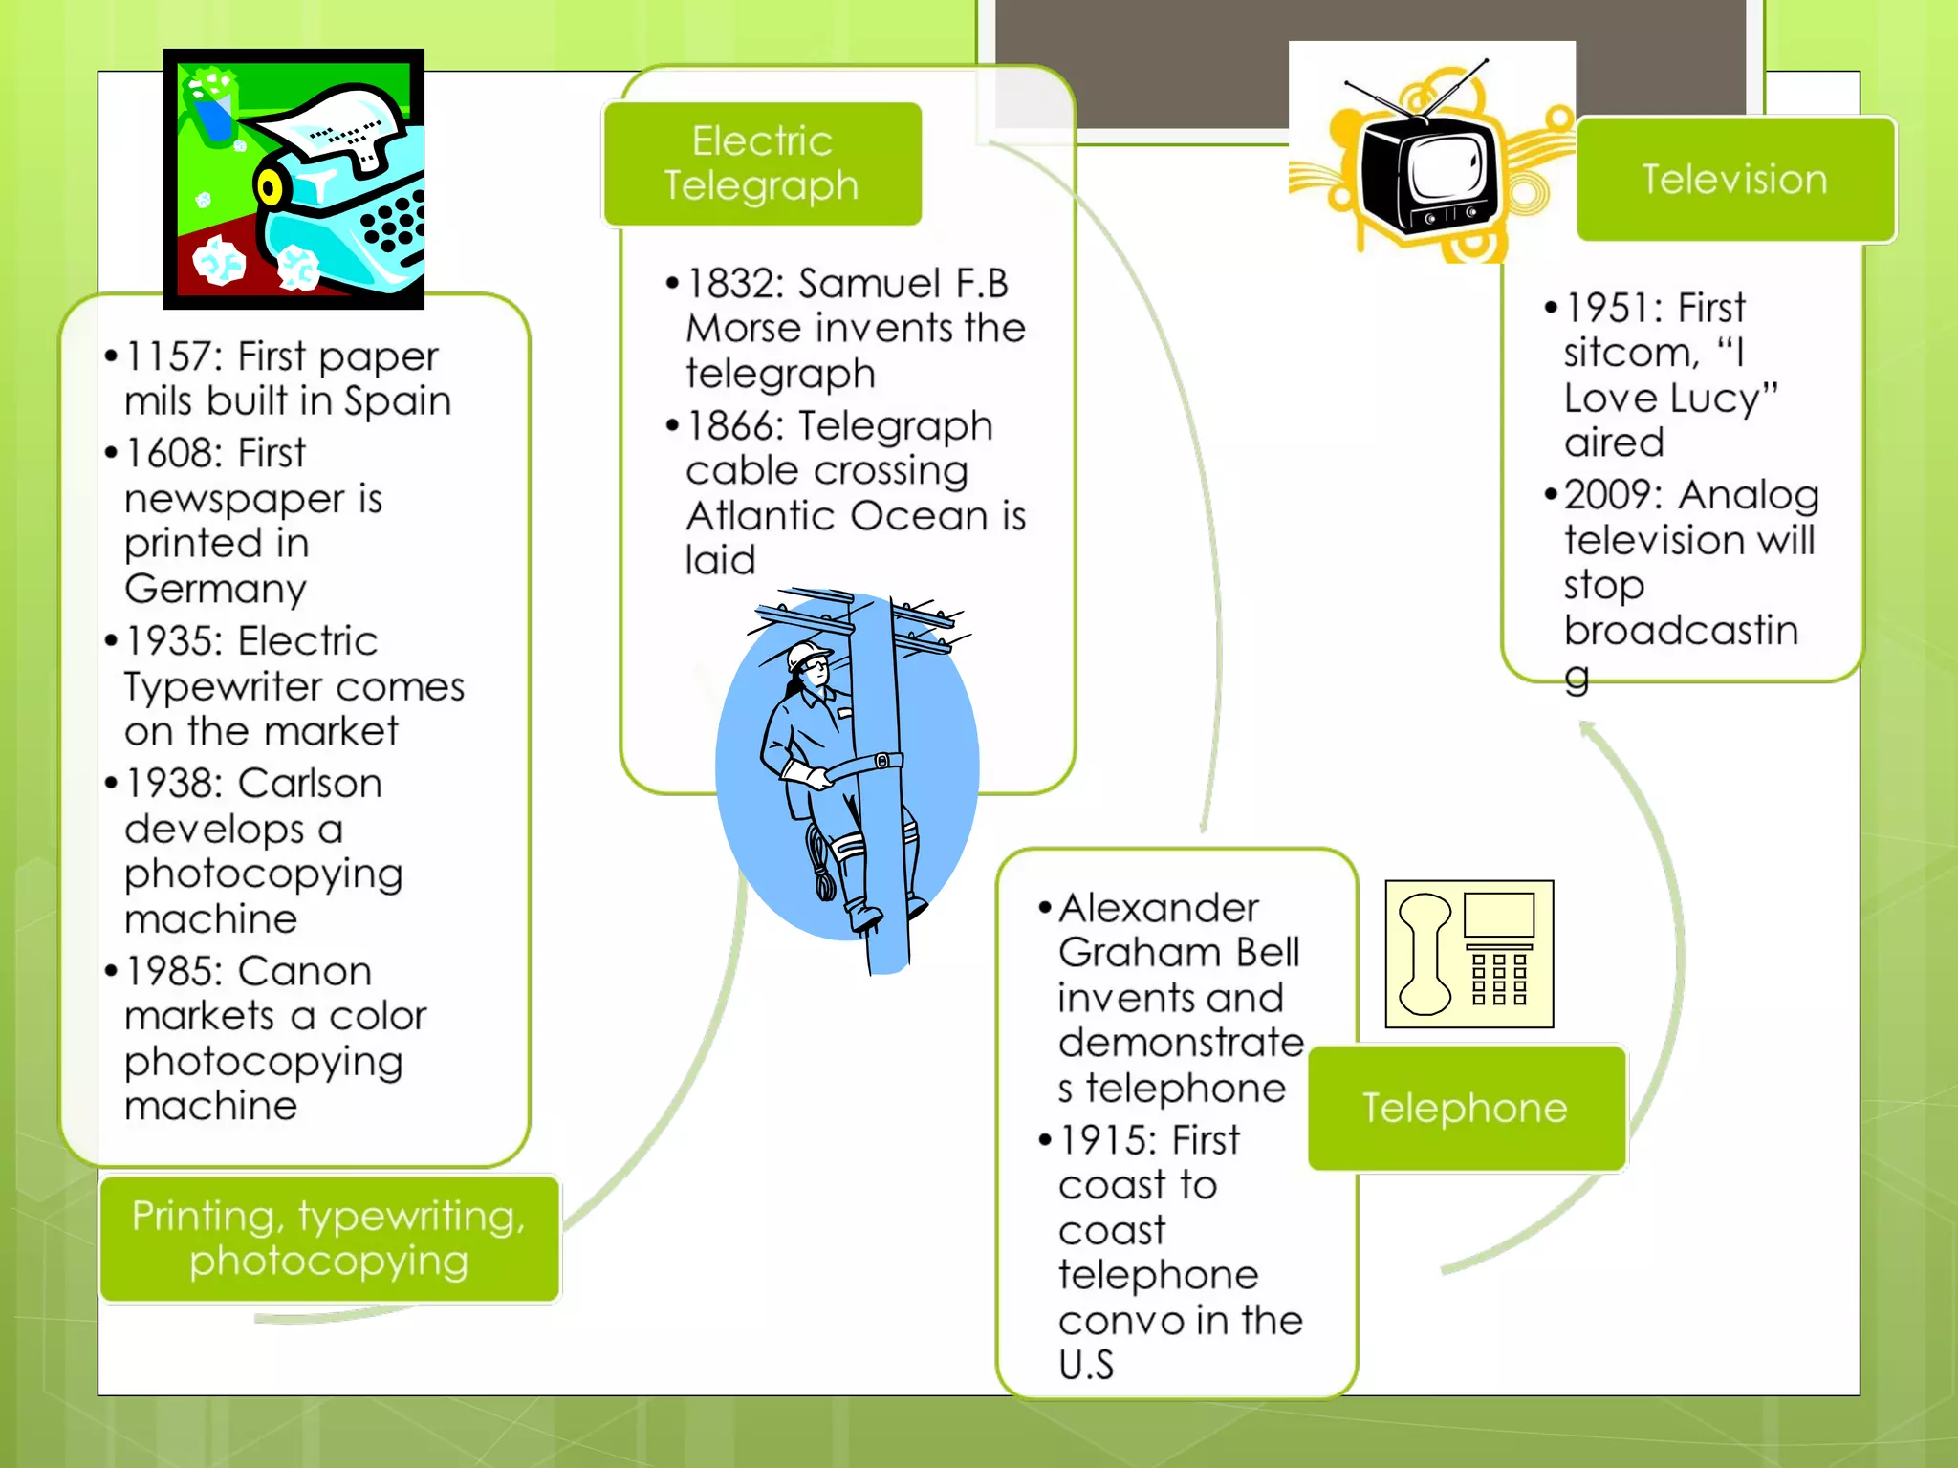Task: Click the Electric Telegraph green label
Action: tap(762, 163)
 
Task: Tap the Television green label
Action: tap(1734, 179)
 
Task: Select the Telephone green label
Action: tap(1466, 1108)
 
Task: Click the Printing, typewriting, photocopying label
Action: tap(329, 1239)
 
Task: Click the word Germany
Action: tap(215, 589)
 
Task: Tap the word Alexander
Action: tap(1158, 908)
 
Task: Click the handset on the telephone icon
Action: tap(1425, 954)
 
